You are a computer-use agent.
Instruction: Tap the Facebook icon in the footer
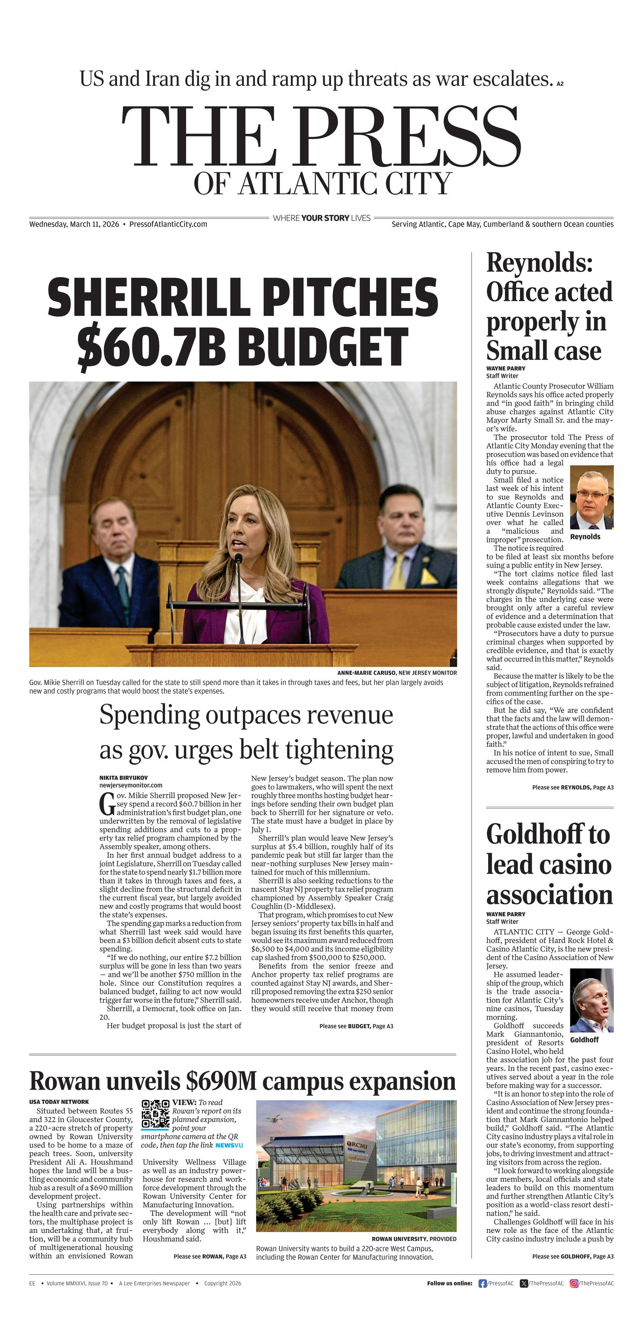coord(482,1283)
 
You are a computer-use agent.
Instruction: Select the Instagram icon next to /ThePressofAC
coord(574,1283)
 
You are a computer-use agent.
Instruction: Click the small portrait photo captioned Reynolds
coord(591,497)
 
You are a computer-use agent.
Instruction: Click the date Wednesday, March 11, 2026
coord(74,224)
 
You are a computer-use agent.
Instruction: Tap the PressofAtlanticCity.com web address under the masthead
coord(168,224)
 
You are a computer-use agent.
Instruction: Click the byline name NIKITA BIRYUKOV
coord(123,777)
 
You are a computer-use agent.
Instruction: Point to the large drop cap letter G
coord(107,804)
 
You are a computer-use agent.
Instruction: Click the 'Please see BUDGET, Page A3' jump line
coord(356,1025)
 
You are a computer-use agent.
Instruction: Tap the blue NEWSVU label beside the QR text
coord(228,1145)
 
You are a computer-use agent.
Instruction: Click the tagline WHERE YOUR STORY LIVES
coord(321,218)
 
